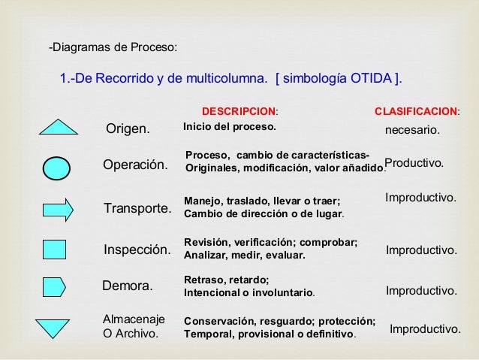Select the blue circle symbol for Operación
57,168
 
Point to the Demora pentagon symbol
54,286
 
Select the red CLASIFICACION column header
417,111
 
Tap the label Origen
128,129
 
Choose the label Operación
135,165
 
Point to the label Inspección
136,250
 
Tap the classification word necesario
411,131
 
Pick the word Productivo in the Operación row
414,163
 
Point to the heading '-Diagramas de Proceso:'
113,49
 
